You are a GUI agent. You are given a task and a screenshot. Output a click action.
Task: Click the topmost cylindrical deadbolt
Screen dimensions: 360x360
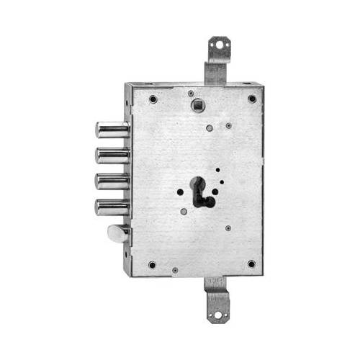coord(111,130)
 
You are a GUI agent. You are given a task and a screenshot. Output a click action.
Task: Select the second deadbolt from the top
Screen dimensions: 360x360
coord(112,155)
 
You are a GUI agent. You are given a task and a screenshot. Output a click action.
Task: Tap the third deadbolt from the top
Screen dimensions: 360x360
coord(112,181)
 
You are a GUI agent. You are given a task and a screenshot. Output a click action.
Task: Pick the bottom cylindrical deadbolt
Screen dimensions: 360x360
coord(112,207)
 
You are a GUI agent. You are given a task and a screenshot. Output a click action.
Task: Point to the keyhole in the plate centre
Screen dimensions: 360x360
coord(202,190)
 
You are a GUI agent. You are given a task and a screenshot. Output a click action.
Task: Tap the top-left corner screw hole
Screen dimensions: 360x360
coord(153,99)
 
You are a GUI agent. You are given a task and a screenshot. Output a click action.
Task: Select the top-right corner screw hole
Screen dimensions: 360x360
coord(252,99)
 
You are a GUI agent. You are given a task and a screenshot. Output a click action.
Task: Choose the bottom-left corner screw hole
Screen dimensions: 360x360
coord(152,264)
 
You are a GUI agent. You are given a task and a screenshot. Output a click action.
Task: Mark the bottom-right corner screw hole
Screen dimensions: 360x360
coord(251,264)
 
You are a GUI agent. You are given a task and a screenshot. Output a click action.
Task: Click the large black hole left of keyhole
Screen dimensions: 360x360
coord(180,192)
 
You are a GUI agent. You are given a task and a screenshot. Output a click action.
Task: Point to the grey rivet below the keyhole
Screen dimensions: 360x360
coord(184,212)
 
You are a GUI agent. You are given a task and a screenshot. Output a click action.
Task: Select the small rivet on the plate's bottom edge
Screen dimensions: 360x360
coord(175,271)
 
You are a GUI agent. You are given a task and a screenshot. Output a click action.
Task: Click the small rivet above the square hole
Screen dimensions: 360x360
coord(190,93)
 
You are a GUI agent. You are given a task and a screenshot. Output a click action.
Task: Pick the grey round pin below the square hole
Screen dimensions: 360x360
coord(209,128)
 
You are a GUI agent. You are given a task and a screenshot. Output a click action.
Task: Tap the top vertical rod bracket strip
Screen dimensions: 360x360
coord(214,69)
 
